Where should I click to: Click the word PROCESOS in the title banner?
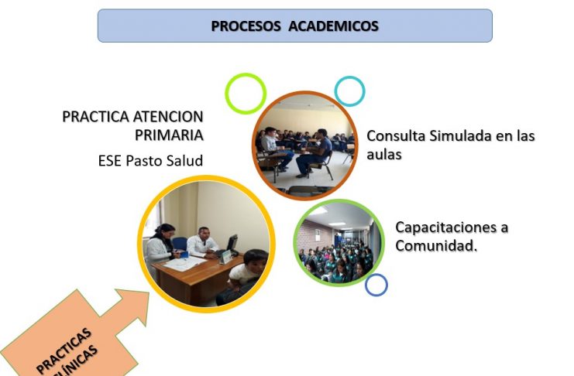[246, 26]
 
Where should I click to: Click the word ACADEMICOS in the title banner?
[334, 26]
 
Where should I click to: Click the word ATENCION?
[167, 117]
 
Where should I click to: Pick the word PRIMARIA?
[169, 135]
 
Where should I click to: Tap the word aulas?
[384, 155]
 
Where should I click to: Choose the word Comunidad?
[436, 245]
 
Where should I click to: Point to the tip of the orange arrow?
[148, 292]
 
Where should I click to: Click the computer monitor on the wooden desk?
[232, 244]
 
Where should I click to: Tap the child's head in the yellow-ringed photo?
[256, 260]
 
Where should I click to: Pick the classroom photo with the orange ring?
[305, 145]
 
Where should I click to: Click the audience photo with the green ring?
[339, 242]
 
